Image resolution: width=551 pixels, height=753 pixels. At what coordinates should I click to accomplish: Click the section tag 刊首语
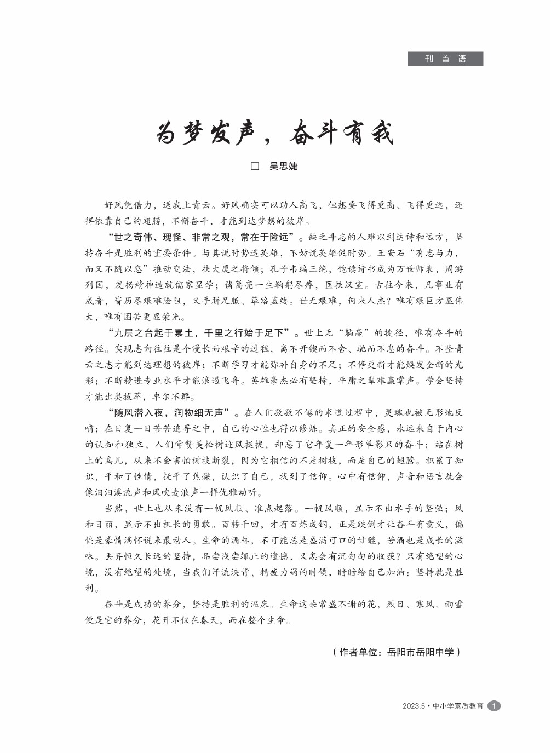(445, 59)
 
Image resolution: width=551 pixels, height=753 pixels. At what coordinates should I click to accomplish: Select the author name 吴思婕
(283, 166)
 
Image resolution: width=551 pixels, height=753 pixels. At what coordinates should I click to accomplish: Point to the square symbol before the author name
(255, 166)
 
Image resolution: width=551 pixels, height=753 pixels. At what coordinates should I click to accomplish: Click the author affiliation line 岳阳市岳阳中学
(420, 652)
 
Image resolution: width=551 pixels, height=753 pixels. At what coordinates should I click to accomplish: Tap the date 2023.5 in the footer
(414, 706)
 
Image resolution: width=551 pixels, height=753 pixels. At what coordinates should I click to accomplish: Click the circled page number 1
(494, 706)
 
